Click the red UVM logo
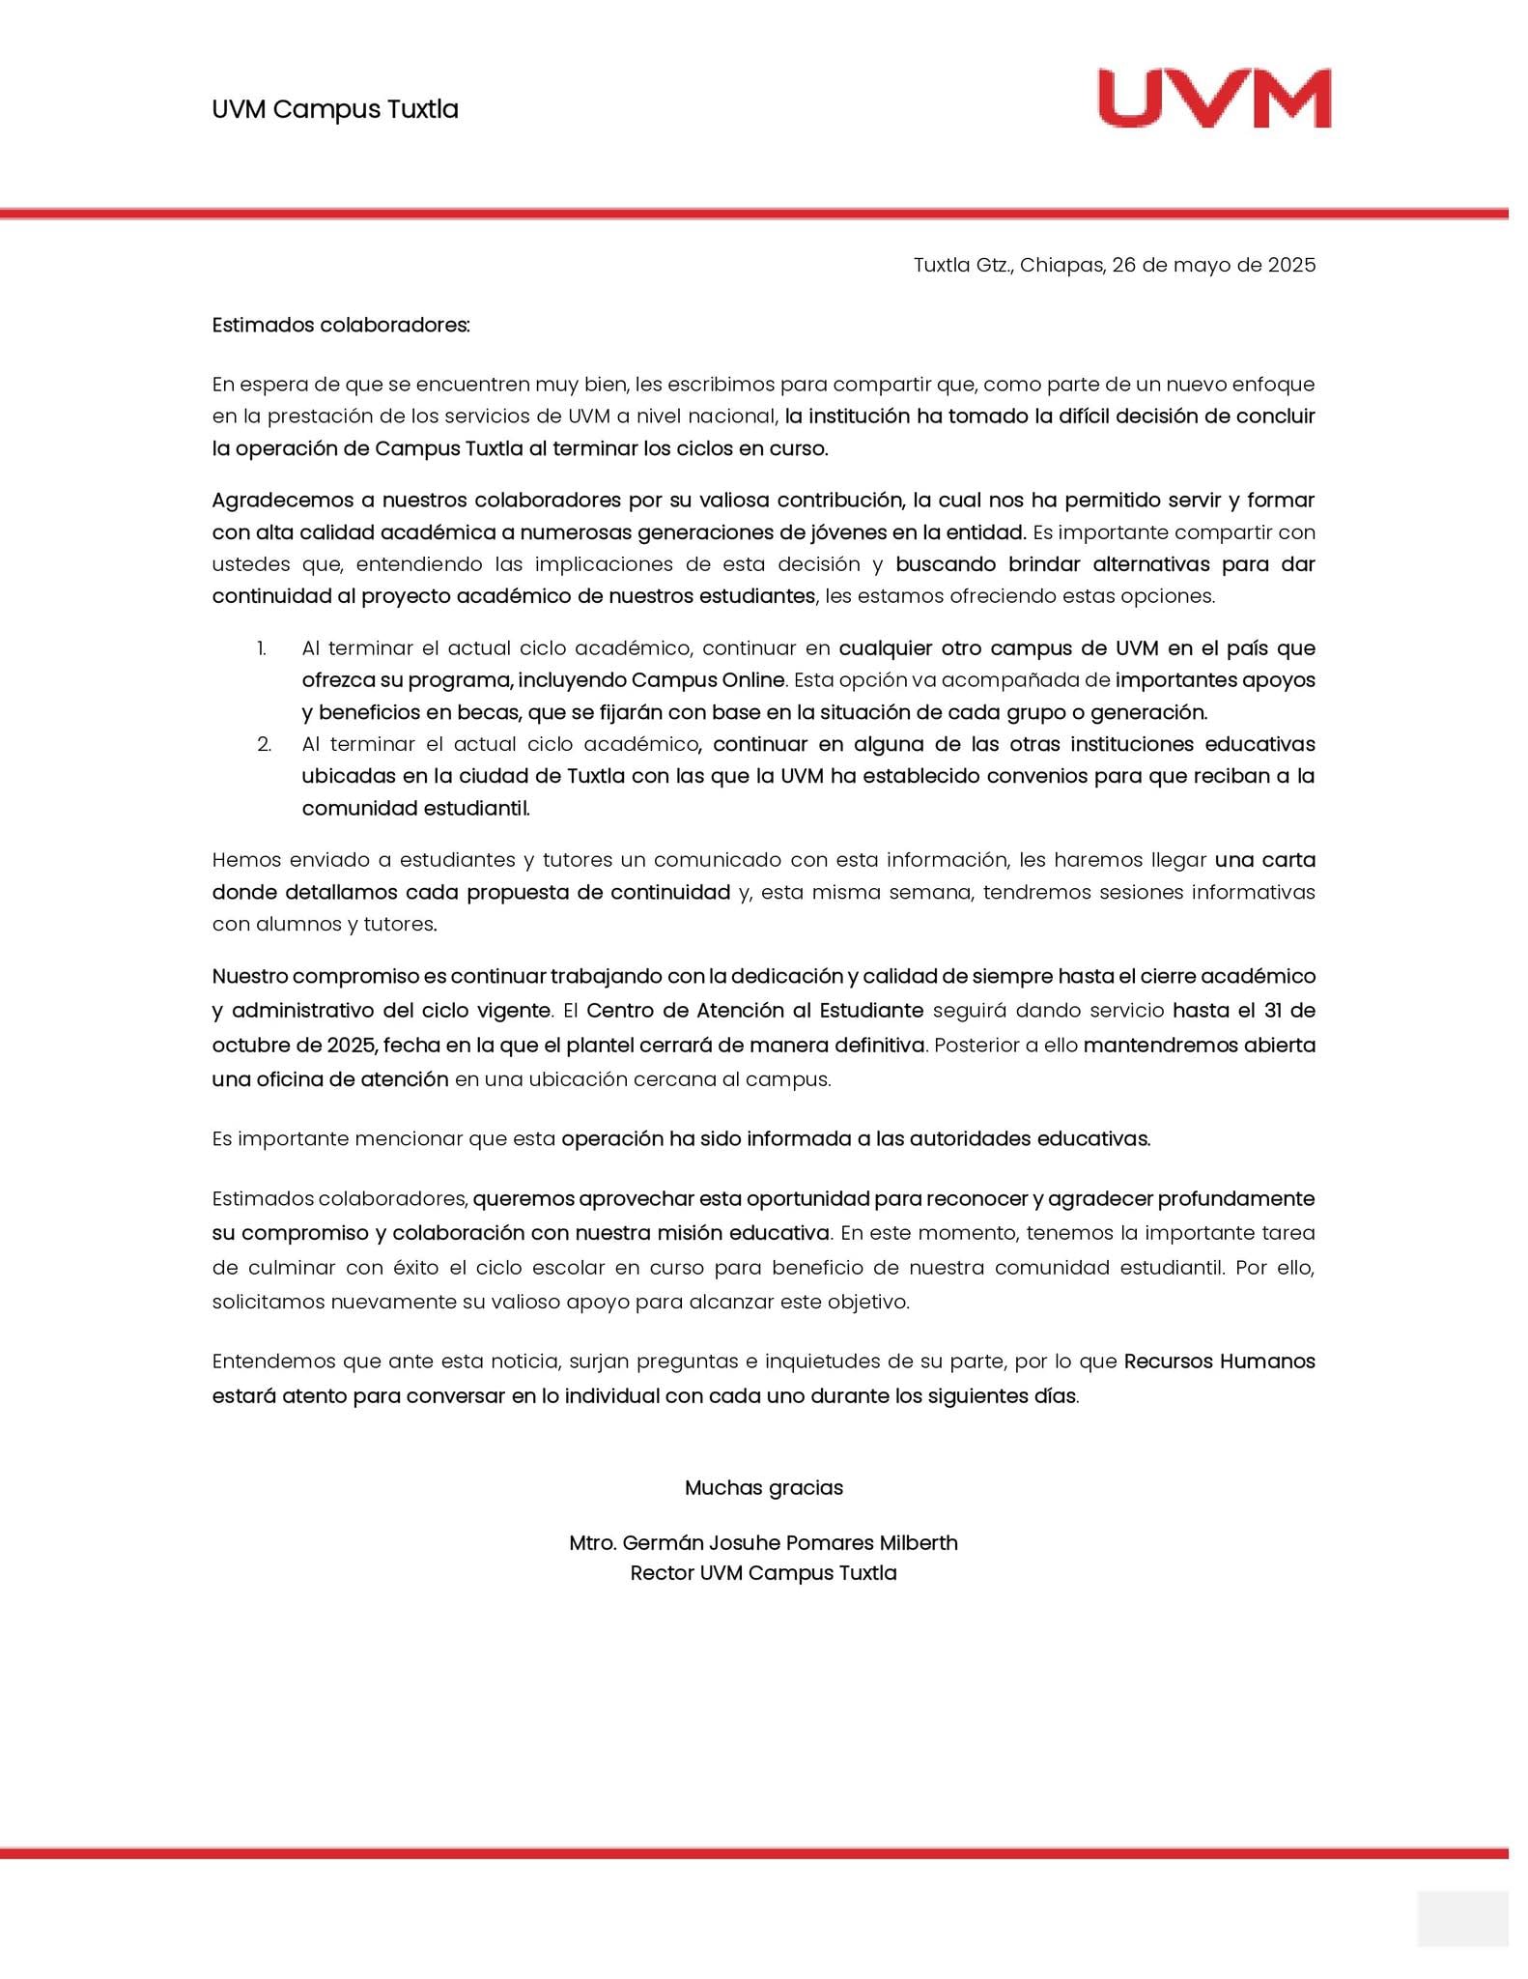(1214, 99)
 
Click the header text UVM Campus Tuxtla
(334, 109)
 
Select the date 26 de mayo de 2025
(1213, 265)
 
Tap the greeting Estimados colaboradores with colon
(341, 325)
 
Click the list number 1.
(261, 648)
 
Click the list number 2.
(264, 744)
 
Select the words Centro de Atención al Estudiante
(754, 1011)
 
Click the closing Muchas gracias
(763, 1487)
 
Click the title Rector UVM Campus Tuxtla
(763, 1572)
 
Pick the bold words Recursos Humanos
(1219, 1362)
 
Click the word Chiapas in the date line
(1061, 265)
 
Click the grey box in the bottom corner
(1461, 1918)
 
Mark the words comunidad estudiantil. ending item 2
(415, 808)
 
